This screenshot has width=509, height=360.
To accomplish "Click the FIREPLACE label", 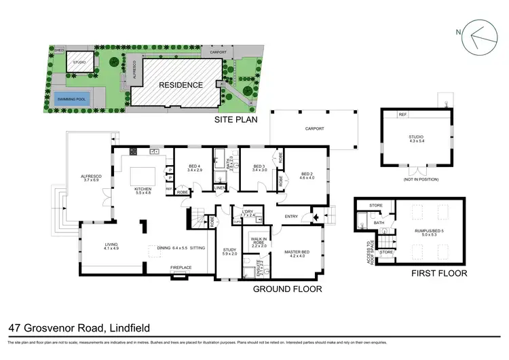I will tap(181, 268).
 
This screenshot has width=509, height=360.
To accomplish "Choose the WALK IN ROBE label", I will tap(259, 242).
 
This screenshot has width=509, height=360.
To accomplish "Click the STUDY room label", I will tap(229, 251).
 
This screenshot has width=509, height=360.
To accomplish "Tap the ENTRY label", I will tap(292, 217).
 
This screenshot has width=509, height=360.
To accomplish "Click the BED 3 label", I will tap(258, 166).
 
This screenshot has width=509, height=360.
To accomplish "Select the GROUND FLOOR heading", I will tap(287, 289).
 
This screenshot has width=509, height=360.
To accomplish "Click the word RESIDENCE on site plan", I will tap(181, 85).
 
